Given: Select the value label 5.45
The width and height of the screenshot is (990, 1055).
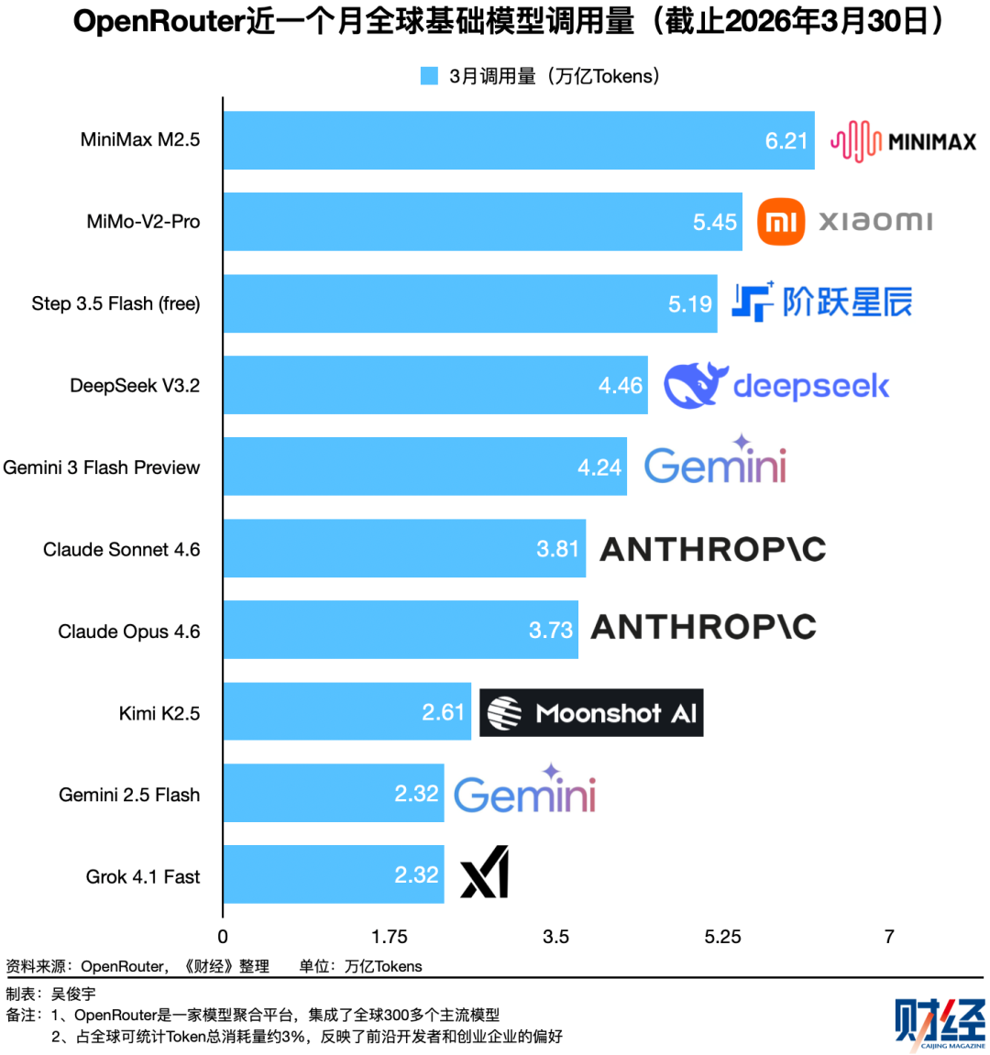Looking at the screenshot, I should [715, 222].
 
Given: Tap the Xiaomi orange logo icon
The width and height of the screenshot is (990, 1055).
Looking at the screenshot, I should [781, 222].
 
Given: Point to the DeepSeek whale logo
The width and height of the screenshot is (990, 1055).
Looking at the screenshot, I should [695, 385].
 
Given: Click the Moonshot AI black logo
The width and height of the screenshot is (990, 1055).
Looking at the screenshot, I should [591, 713].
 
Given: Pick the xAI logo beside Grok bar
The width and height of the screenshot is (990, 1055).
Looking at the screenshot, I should [484, 874].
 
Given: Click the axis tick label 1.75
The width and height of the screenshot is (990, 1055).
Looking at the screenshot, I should [390, 937].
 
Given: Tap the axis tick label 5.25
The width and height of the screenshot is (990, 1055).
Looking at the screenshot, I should [722, 937].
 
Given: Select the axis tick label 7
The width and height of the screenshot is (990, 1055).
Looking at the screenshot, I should [889, 937].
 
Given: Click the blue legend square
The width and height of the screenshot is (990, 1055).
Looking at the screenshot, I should [429, 76].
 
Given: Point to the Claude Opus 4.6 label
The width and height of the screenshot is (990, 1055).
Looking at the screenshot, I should [129, 632].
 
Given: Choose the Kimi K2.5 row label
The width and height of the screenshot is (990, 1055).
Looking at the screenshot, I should [159, 713].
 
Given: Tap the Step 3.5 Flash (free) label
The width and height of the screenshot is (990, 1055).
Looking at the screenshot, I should [115, 303].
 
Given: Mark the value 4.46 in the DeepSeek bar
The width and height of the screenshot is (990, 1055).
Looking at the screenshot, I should [621, 386].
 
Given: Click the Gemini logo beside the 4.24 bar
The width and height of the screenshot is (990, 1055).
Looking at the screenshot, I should [715, 462].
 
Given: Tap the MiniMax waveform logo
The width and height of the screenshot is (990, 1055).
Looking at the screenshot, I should [856, 141].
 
